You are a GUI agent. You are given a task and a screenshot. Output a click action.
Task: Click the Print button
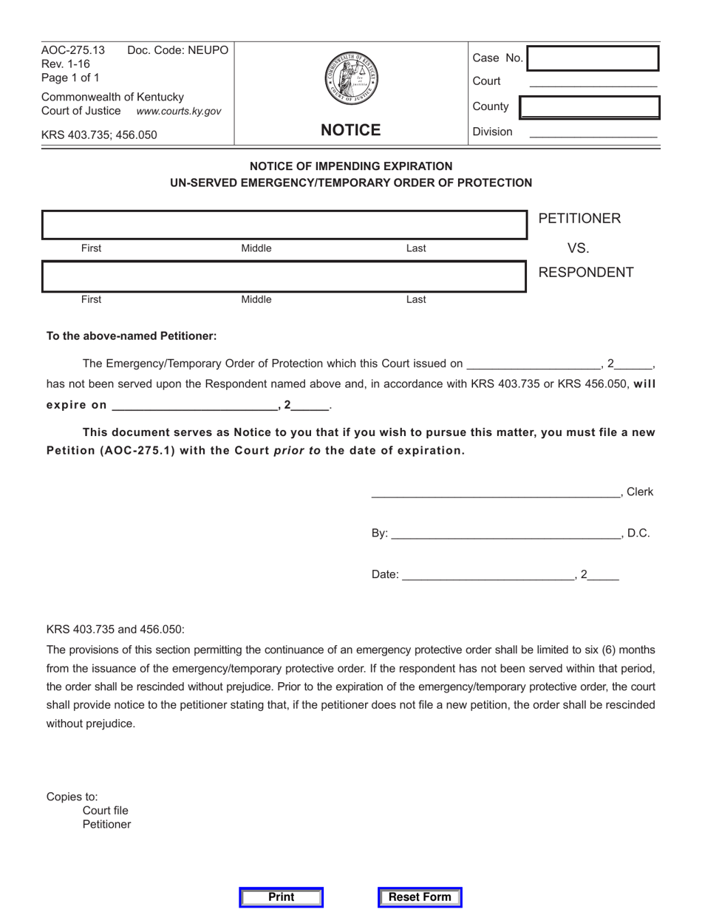click(282, 897)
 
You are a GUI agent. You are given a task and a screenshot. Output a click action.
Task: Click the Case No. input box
click(592, 58)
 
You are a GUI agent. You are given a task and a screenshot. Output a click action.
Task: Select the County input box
click(590, 107)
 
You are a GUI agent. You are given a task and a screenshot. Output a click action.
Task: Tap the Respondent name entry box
click(284, 276)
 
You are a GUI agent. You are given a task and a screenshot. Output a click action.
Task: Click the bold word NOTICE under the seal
click(351, 131)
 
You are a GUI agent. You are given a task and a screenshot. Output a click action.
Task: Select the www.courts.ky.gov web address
click(178, 111)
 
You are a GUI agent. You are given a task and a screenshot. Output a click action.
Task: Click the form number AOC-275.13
click(73, 50)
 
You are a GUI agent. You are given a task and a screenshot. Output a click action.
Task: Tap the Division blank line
click(593, 133)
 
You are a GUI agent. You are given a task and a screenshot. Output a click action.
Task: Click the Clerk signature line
click(495, 493)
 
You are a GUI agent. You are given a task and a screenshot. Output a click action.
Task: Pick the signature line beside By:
click(505, 534)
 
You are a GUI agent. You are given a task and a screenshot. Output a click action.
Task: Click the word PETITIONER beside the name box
click(579, 219)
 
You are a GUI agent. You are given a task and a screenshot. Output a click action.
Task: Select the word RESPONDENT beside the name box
click(586, 272)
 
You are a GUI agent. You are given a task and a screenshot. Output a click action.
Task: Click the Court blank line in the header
click(593, 83)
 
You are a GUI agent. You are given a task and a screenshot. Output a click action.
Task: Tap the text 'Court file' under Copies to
click(106, 811)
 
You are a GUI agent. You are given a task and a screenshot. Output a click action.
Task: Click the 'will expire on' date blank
click(194, 406)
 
